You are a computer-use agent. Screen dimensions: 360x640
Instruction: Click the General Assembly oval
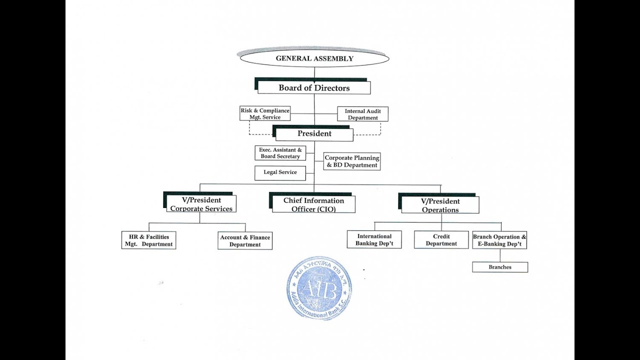(314, 58)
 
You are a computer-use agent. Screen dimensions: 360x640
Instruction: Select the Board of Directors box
(314, 88)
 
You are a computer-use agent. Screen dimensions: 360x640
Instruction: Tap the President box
(314, 134)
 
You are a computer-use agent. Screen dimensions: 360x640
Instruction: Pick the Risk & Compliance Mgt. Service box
(264, 113)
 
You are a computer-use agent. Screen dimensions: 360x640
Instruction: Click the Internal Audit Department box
(363, 114)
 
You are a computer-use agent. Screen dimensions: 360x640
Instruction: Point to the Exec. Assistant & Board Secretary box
(280, 153)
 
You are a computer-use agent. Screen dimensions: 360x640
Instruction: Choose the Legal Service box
(280, 172)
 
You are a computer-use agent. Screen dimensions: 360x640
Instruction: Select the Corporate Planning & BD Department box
(352, 161)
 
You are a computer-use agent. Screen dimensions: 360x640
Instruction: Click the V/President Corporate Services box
(201, 204)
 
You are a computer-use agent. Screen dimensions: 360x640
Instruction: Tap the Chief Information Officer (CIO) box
(313, 204)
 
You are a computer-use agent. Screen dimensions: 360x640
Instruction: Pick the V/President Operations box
(440, 205)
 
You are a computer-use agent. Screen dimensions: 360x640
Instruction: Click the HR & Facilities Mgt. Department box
(148, 240)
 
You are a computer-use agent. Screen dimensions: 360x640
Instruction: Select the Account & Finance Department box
(245, 241)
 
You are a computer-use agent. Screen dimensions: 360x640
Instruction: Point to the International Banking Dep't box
(374, 240)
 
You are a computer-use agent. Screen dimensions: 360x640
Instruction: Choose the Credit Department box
(441, 240)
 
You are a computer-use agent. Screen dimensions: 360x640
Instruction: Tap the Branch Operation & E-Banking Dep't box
(499, 240)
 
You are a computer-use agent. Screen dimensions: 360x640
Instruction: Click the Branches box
(500, 267)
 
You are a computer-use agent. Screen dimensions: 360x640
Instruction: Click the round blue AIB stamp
(319, 288)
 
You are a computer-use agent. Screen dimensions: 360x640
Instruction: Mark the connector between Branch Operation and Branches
(500, 255)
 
